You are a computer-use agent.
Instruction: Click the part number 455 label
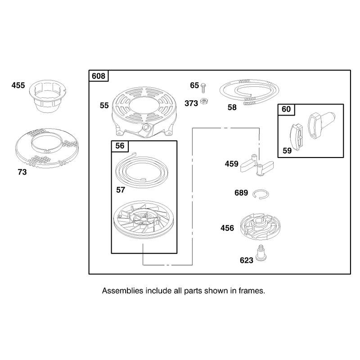pyautogui.click(x=18, y=85)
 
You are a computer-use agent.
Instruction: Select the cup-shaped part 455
pyautogui.click(x=48, y=96)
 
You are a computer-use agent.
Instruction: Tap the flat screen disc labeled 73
pyautogui.click(x=47, y=148)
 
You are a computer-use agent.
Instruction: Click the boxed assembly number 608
pyautogui.click(x=99, y=76)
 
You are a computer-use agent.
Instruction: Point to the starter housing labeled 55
pyautogui.click(x=144, y=112)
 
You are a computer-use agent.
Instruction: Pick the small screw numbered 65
pyautogui.click(x=203, y=88)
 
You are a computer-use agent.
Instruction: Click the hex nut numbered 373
pyautogui.click(x=204, y=101)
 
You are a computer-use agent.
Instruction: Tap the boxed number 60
pyautogui.click(x=286, y=109)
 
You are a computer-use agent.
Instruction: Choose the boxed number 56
pyautogui.click(x=120, y=146)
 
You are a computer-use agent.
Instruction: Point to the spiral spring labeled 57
pyautogui.click(x=142, y=169)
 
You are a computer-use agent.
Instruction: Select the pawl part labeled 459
pyautogui.click(x=257, y=165)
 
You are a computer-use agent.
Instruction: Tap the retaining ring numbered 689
pyautogui.click(x=261, y=194)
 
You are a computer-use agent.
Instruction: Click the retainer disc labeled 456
pyautogui.click(x=261, y=226)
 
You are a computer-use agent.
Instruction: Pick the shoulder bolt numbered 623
pyautogui.click(x=261, y=253)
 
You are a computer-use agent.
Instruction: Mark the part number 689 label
pyautogui.click(x=241, y=193)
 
